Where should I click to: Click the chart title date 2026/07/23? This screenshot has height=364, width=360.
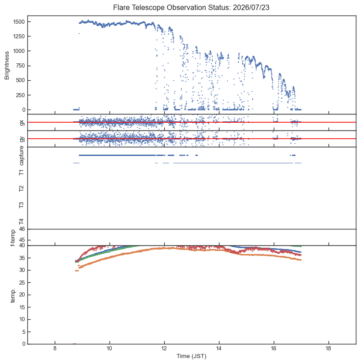point(251,7)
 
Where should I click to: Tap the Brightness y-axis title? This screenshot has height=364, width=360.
point(7,66)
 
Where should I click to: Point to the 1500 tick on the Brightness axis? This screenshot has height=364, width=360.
point(19,22)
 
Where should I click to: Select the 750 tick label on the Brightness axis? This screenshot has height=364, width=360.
point(20,66)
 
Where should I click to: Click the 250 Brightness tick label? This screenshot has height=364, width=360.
point(20,95)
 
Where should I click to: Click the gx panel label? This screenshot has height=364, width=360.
point(22,123)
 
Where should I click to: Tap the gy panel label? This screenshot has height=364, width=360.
point(22,139)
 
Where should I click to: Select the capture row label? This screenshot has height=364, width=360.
point(21,156)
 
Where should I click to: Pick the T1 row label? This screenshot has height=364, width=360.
point(21,172)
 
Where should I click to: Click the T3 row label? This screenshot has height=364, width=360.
point(21,205)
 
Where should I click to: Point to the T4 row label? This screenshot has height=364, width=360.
point(21,222)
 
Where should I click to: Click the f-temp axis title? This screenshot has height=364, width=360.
point(13,238)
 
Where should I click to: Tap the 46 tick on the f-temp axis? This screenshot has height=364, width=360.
point(22,229)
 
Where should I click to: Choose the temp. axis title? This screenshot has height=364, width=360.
point(13,295)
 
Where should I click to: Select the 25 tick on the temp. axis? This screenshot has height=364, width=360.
point(22,283)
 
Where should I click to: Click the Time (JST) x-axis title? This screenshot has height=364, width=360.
point(191,356)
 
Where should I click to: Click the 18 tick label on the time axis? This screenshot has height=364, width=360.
point(329,348)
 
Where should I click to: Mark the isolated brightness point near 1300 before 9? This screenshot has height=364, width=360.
point(79,33)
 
